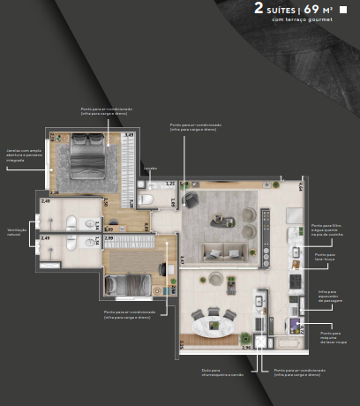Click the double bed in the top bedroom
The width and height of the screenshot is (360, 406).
click(x=85, y=157)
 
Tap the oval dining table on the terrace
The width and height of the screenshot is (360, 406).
click(x=211, y=323)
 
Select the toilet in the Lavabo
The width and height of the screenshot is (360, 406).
click(x=147, y=201)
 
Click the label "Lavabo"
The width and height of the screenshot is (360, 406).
click(x=151, y=168)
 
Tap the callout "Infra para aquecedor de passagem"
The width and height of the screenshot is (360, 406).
click(x=330, y=298)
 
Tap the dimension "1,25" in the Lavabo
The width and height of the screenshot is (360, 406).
click(x=170, y=183)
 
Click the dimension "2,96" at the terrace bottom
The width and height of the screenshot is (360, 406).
click(x=247, y=348)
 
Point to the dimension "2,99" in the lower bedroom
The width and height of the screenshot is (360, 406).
click(x=109, y=237)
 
